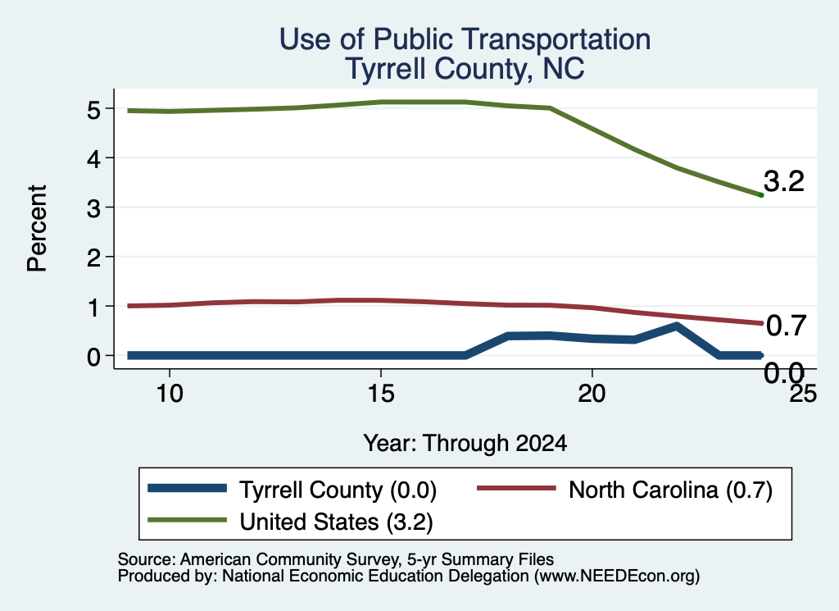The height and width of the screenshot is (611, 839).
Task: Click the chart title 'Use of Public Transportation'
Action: (465, 40)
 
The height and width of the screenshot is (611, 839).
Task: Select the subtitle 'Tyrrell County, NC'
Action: (465, 70)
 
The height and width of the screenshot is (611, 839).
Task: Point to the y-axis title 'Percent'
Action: (37, 229)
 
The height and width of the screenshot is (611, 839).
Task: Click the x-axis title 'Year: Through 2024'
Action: (465, 444)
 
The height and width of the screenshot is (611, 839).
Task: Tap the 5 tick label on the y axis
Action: (93, 111)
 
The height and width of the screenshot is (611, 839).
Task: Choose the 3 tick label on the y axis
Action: (93, 208)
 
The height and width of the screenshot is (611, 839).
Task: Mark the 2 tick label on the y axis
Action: (93, 258)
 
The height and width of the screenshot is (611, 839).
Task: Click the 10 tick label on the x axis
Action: (170, 394)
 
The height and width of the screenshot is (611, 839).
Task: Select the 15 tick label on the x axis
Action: (381, 394)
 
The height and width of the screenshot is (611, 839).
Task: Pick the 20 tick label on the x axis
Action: (592, 394)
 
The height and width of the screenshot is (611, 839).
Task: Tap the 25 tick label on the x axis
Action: (804, 394)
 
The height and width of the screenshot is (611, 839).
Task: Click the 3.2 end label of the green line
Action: (784, 181)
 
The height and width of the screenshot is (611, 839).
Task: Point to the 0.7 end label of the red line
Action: (786, 326)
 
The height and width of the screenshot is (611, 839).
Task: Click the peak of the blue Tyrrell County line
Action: (676, 326)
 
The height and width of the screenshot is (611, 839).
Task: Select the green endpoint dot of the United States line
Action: (761, 195)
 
